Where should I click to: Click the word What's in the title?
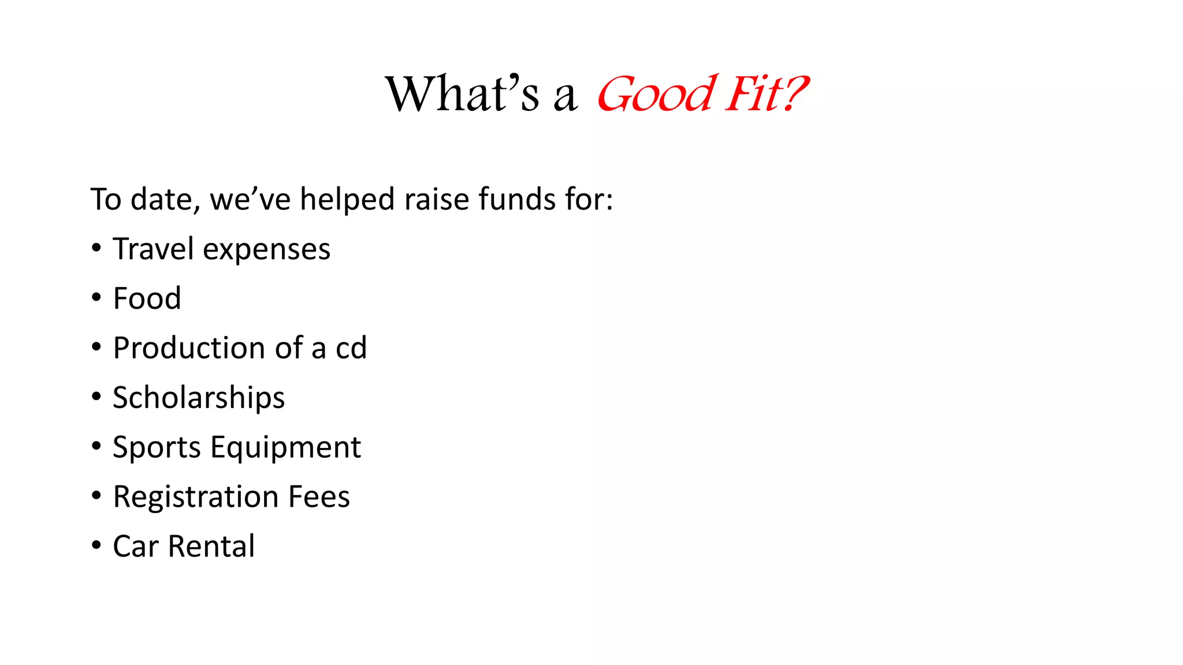coord(462,94)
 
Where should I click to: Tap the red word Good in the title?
coord(656,94)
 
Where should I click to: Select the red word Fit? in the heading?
coord(766,94)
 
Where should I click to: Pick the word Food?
coord(147,298)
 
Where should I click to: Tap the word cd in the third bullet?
coord(351,348)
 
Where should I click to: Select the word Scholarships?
coord(199,398)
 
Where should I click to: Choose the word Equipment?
coord(286,448)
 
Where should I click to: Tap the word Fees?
coord(319,497)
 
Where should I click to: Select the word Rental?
coord(211,546)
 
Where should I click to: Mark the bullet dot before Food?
coord(96,298)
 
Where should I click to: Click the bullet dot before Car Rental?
coord(96,546)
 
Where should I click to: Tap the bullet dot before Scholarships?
coord(96,397)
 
